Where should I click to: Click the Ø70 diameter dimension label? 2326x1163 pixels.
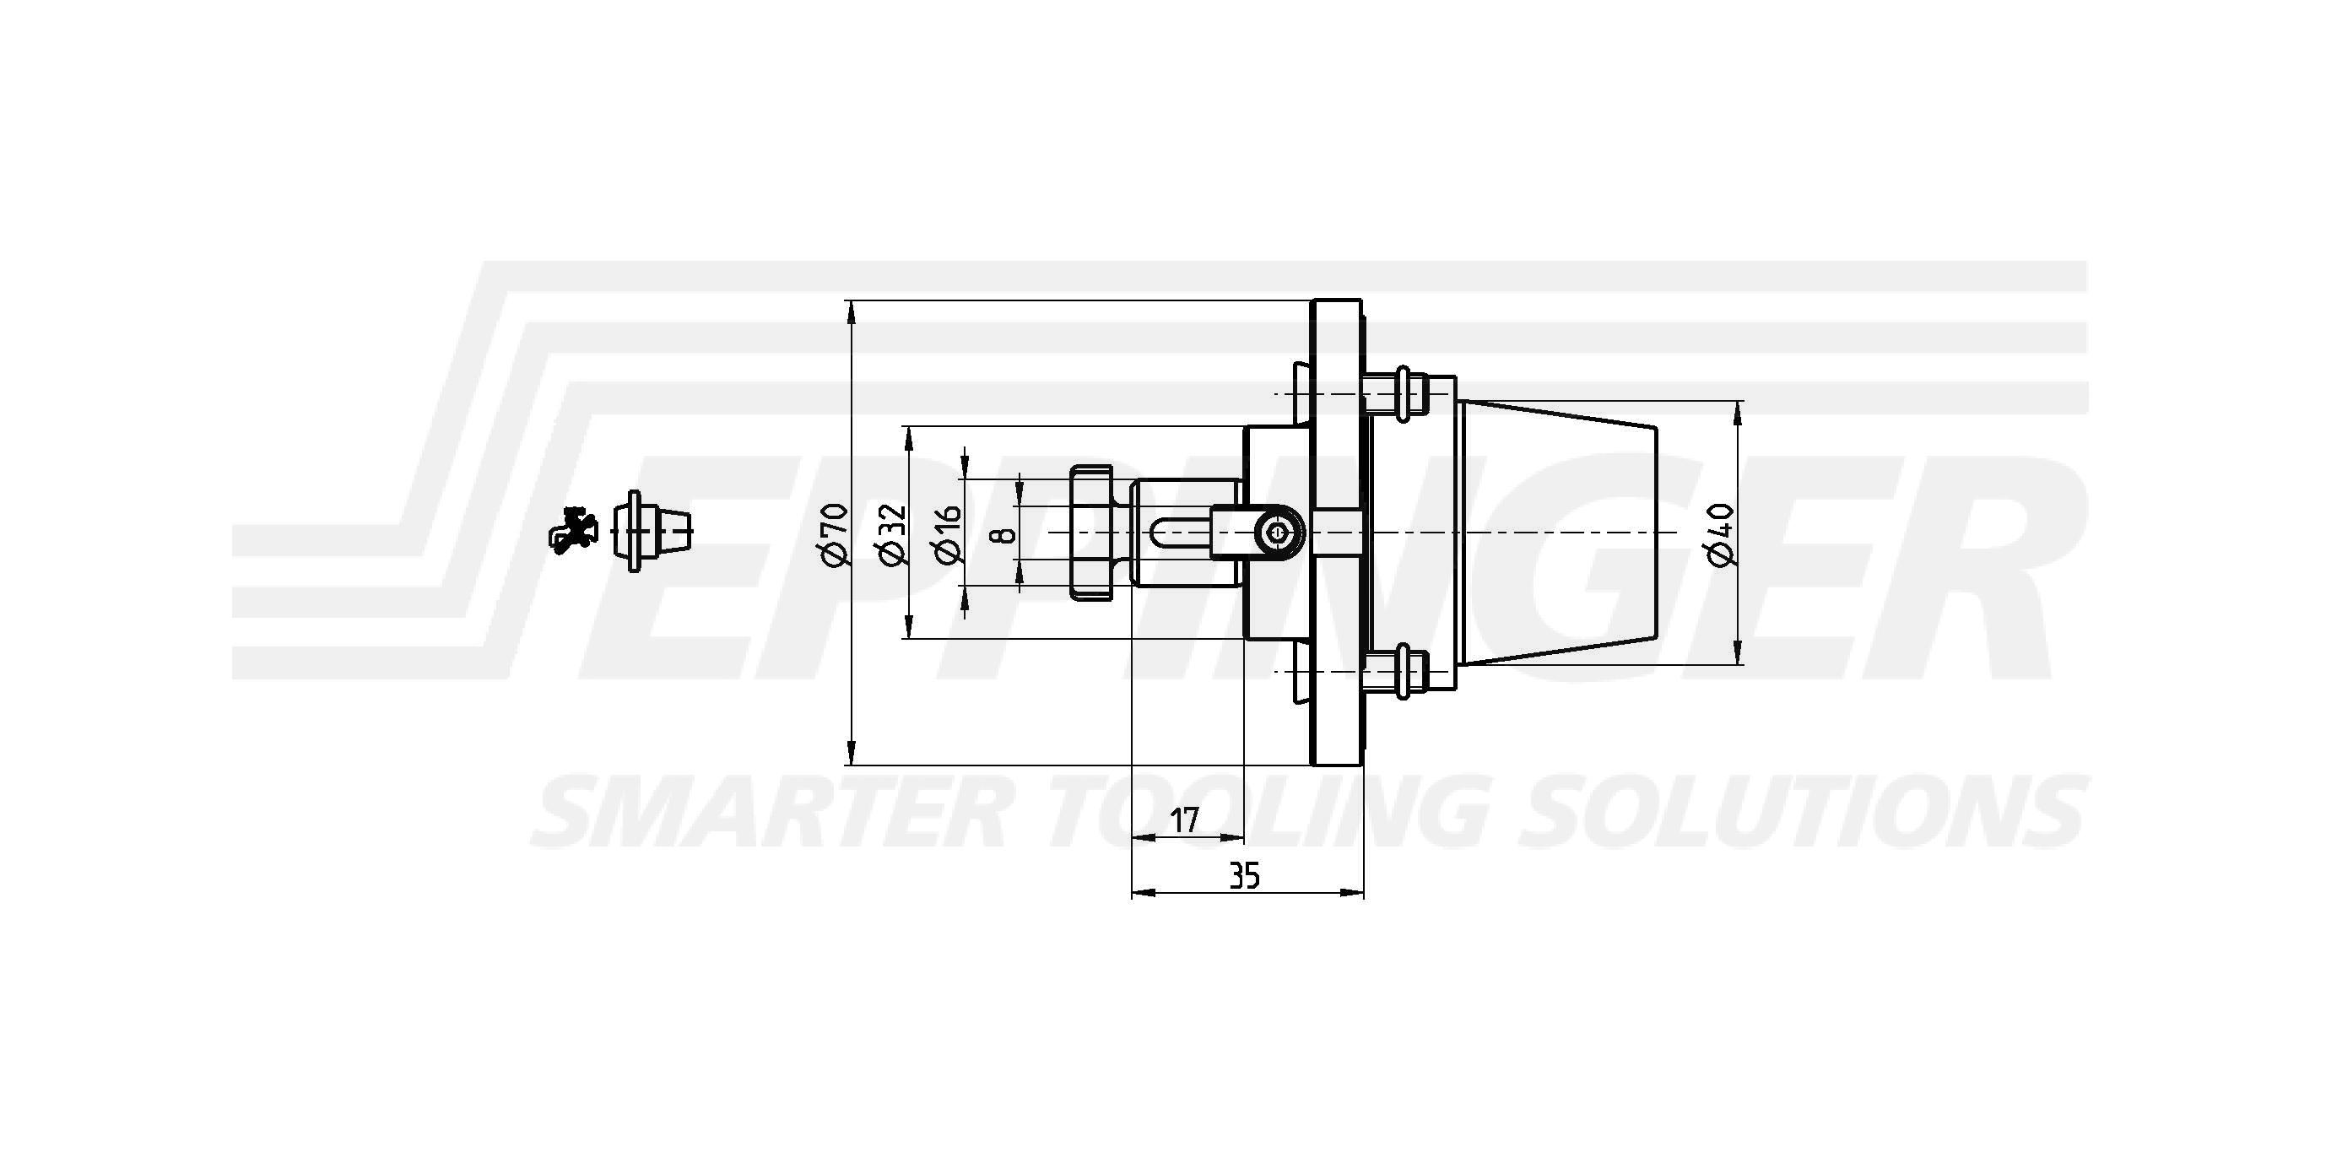[836, 533]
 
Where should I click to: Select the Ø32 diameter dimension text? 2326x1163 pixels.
[891, 533]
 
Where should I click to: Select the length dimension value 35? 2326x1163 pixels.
[1244, 875]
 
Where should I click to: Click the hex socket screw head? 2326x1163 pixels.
[1278, 533]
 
